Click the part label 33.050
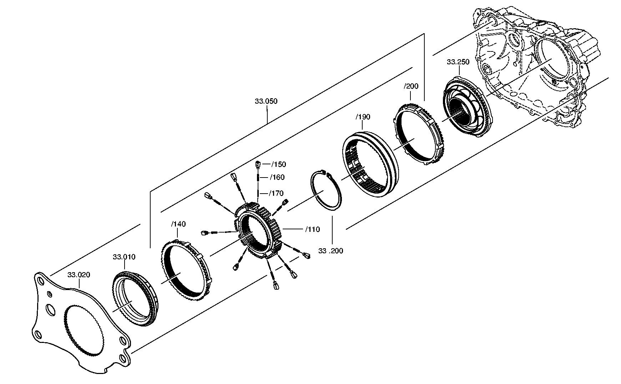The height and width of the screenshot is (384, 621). coord(266,101)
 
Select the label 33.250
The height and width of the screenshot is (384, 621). coord(458,62)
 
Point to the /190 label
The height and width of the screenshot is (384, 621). coord(363,117)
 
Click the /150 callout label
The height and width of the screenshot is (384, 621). coord(278,164)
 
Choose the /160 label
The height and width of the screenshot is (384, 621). coord(277,178)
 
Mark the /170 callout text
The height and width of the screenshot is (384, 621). coord(276,194)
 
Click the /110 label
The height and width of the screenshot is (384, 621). coord(312,229)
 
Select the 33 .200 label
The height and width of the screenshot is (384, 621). coord(330,251)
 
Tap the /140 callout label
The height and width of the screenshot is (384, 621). coord(178,224)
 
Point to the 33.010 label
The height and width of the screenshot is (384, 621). coord(124,257)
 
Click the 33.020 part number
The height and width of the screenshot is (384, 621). coord(79,275)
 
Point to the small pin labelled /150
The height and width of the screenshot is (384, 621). coord(258,165)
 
